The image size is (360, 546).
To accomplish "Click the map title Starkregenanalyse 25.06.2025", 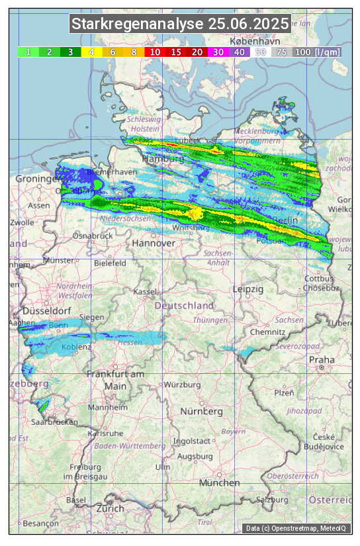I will (180, 24).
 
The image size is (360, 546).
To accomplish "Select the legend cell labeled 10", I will (154, 52).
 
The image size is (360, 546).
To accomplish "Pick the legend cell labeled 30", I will (218, 52).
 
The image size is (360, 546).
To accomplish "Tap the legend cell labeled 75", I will (281, 52).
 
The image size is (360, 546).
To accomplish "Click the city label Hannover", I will (154, 244).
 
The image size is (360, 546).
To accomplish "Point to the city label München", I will (219, 483).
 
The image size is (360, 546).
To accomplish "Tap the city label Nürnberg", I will (202, 412).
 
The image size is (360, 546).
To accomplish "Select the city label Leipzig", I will (248, 289).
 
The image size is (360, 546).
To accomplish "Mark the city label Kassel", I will (144, 292).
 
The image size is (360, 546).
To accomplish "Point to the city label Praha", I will (322, 359).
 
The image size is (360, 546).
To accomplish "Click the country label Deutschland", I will (184, 306).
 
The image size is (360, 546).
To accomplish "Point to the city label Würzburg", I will (182, 385).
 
